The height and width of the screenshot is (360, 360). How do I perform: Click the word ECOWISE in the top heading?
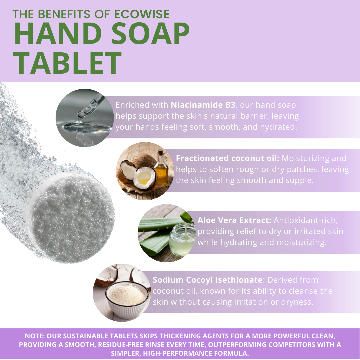coord(142,14)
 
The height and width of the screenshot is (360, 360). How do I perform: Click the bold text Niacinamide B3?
coord(203,105)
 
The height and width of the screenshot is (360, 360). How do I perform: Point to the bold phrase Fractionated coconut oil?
coord(228,158)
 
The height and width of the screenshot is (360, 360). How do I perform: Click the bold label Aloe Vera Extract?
coord(234,220)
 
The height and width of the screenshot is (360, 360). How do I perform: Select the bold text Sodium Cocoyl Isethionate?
coord(208,280)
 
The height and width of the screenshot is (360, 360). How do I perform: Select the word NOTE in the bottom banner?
coord(34,336)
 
